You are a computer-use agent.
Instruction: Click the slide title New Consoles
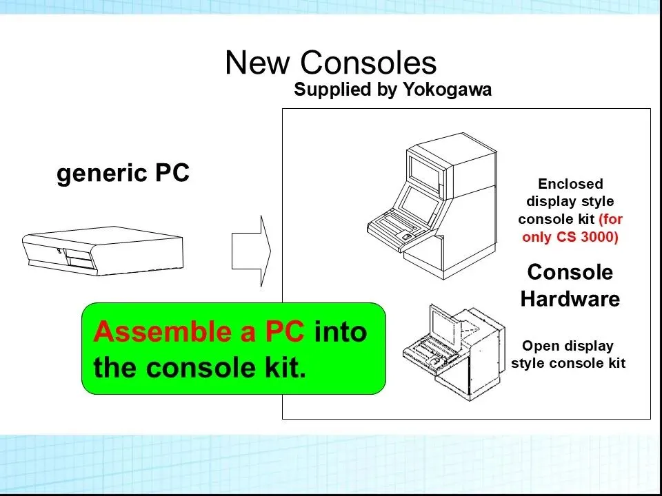point(330,63)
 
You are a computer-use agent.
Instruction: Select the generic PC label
point(123,173)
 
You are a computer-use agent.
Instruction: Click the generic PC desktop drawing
point(103,252)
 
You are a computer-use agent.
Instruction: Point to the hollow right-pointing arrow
point(251,251)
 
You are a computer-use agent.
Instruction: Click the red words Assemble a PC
point(199,332)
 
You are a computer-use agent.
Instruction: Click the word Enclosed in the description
point(570,184)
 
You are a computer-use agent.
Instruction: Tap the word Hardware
point(570,299)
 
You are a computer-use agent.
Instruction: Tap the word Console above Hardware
point(570,272)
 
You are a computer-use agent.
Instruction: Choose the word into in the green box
point(341,332)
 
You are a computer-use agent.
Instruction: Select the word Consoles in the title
point(369,63)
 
